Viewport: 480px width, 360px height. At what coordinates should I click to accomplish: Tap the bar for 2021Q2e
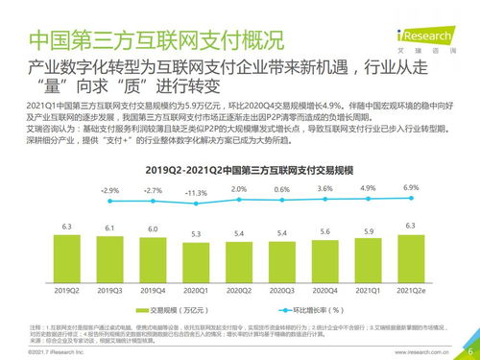[x=411, y=257]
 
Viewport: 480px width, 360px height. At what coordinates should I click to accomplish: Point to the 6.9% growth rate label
[x=411, y=187]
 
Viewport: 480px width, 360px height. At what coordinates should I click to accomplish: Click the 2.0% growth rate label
[x=239, y=190]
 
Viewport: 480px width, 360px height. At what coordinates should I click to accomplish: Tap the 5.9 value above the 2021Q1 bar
[x=368, y=230]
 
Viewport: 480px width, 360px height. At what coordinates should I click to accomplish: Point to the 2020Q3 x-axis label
[x=282, y=289]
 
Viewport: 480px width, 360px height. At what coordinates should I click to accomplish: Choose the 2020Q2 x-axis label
[x=239, y=289]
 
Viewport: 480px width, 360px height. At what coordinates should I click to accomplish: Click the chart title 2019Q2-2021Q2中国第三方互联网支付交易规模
[x=238, y=169]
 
